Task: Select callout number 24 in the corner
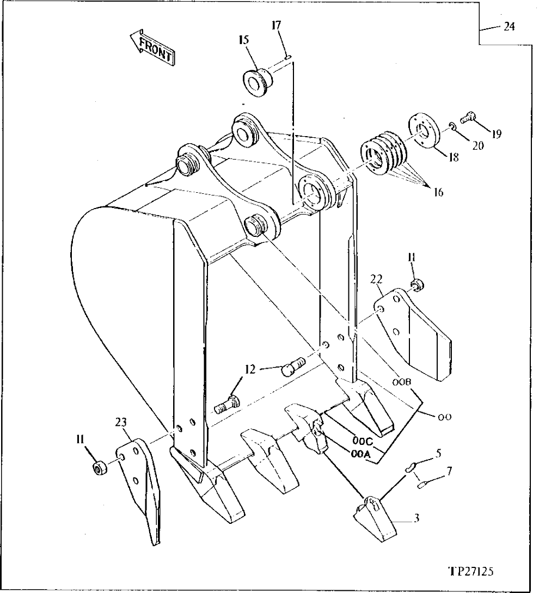[509, 26]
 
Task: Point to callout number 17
[277, 25]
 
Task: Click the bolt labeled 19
[468, 116]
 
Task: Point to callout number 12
[249, 369]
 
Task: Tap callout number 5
[438, 451]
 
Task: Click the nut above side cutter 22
[416, 284]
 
